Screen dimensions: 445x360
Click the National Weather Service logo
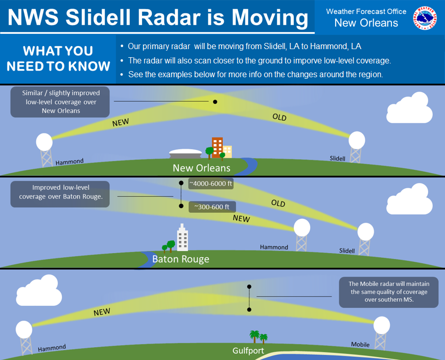pyautogui.click(x=425, y=18)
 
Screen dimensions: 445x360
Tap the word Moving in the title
pyautogui.click(x=270, y=17)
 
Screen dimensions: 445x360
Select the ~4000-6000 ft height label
pyautogui.click(x=211, y=184)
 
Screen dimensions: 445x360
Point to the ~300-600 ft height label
pyautogui.click(x=212, y=207)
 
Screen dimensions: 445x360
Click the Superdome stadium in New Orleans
pyautogui.click(x=185, y=154)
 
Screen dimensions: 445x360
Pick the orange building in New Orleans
pyautogui.click(x=218, y=147)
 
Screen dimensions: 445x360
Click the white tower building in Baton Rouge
pyautogui.click(x=182, y=238)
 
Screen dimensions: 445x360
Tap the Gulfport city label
pyautogui.click(x=248, y=351)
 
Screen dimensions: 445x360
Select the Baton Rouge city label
pyautogui.click(x=181, y=259)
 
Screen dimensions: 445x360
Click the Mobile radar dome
pyautogui.click(x=382, y=325)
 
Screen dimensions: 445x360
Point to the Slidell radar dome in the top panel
pyautogui.click(x=357, y=140)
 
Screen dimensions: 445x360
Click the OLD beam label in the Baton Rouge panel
pyautogui.click(x=278, y=203)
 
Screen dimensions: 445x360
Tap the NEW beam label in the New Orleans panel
pyautogui.click(x=121, y=122)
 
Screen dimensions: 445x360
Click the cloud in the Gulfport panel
pyautogui.click(x=39, y=290)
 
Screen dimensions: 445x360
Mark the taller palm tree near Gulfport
pyautogui.click(x=254, y=336)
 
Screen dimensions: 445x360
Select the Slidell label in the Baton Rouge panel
pyautogui.click(x=347, y=251)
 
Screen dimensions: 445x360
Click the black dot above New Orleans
pyautogui.click(x=215, y=102)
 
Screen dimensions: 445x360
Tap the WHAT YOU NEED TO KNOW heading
pyautogui.click(x=58, y=58)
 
